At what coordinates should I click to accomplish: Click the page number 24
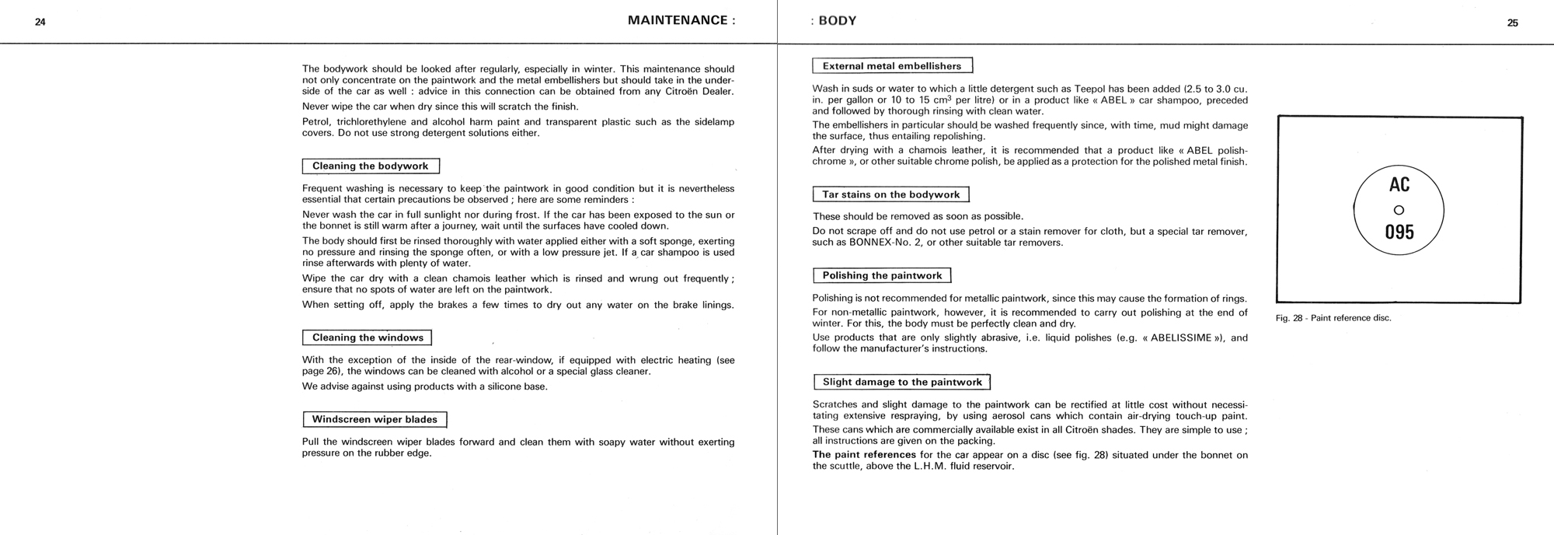tap(40, 23)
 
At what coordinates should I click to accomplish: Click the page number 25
tap(1512, 23)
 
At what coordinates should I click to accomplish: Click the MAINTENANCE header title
tap(681, 21)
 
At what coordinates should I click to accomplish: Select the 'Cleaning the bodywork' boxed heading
tap(371, 166)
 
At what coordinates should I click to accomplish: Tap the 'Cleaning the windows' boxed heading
tap(367, 337)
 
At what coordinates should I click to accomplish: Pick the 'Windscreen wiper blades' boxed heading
tap(375, 420)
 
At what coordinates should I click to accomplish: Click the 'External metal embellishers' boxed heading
tap(892, 66)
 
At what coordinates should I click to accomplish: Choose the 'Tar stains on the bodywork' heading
tap(890, 194)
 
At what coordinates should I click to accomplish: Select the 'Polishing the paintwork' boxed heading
tap(882, 275)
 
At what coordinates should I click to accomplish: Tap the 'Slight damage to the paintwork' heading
tap(901, 382)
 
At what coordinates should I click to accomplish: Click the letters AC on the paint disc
tap(1399, 185)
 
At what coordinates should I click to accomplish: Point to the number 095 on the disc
tap(1399, 232)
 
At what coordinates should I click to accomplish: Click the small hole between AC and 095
tap(1399, 209)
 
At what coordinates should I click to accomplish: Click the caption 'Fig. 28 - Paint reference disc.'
tap(1333, 318)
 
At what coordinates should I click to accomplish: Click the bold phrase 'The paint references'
tap(864, 455)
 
